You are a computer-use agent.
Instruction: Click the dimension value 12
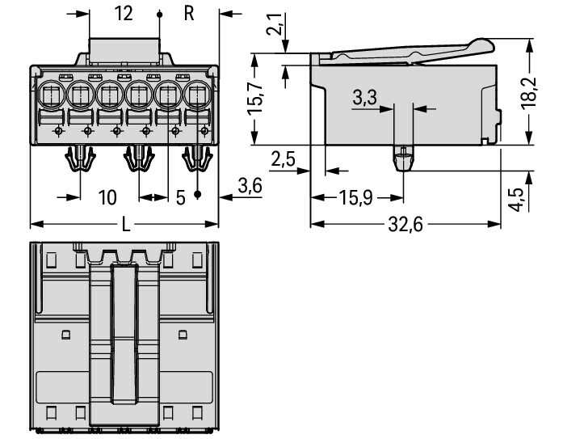click(x=124, y=14)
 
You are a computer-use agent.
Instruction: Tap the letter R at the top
click(x=189, y=14)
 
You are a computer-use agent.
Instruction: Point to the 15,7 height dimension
click(x=255, y=100)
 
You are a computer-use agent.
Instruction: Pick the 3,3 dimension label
click(x=365, y=98)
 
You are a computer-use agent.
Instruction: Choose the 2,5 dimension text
click(x=284, y=159)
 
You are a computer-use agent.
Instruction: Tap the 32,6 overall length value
click(x=405, y=225)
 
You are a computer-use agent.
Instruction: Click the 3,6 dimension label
click(x=250, y=186)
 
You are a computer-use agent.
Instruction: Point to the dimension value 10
click(x=108, y=197)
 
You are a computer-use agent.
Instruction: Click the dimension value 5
click(x=180, y=197)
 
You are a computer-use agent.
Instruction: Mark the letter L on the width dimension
click(x=125, y=225)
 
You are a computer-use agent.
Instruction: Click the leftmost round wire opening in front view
click(x=50, y=95)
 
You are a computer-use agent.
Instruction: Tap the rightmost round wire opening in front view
click(x=197, y=95)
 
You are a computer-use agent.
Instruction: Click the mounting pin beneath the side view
click(x=401, y=158)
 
